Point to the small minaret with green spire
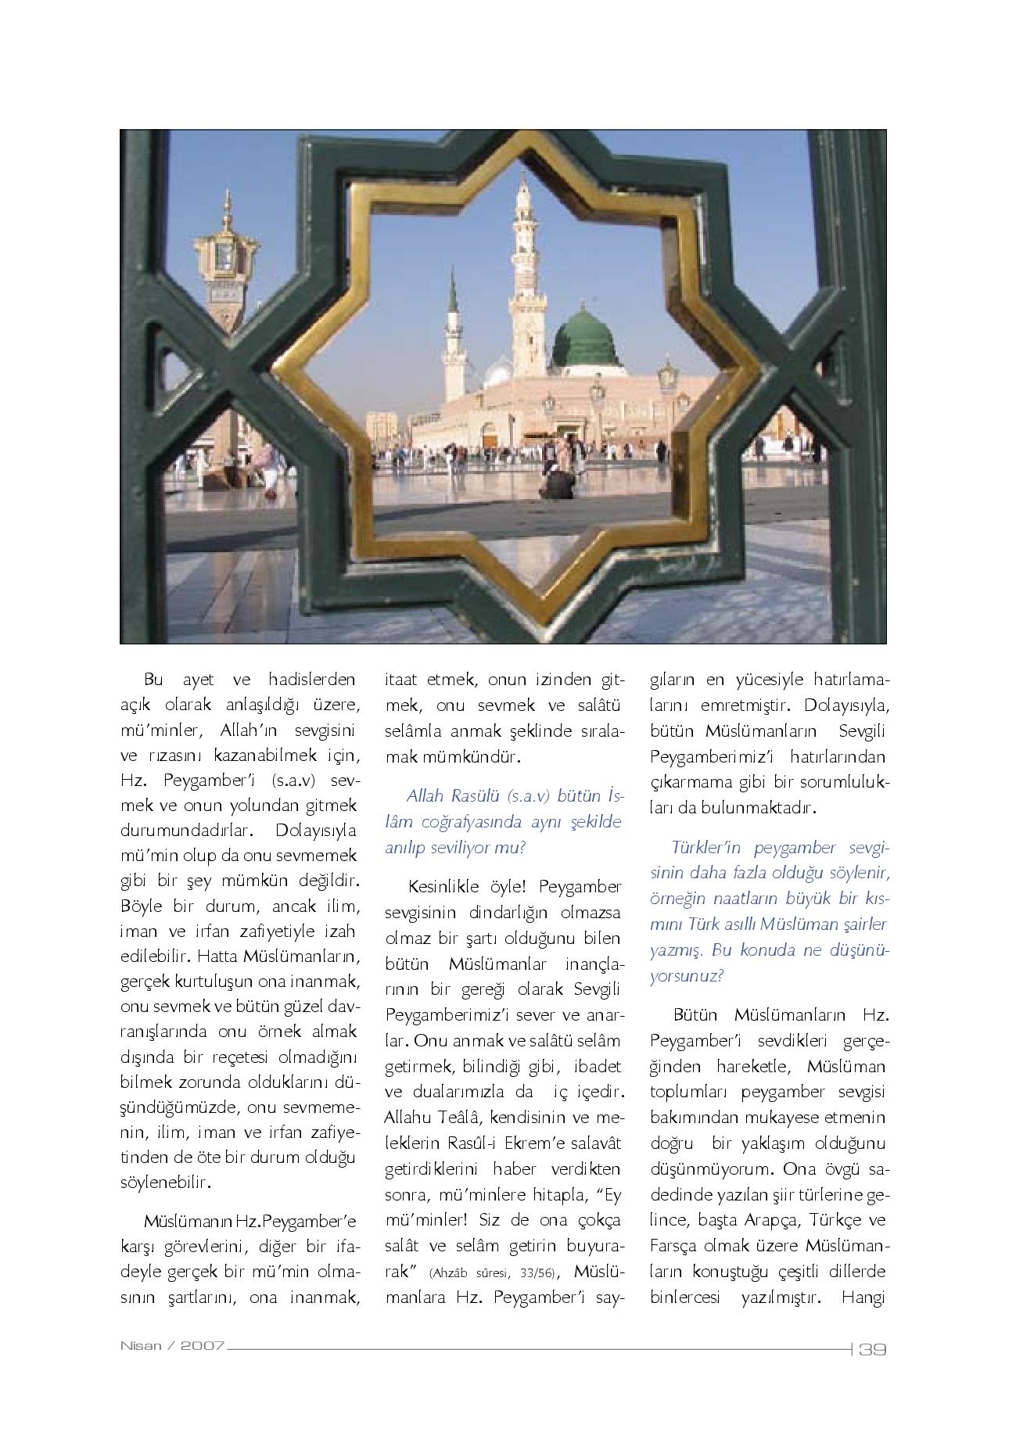click(453, 344)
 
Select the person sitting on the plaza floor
click(557, 483)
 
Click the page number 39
click(871, 1349)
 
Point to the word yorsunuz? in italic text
click(687, 976)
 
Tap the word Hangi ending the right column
click(863, 1297)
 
